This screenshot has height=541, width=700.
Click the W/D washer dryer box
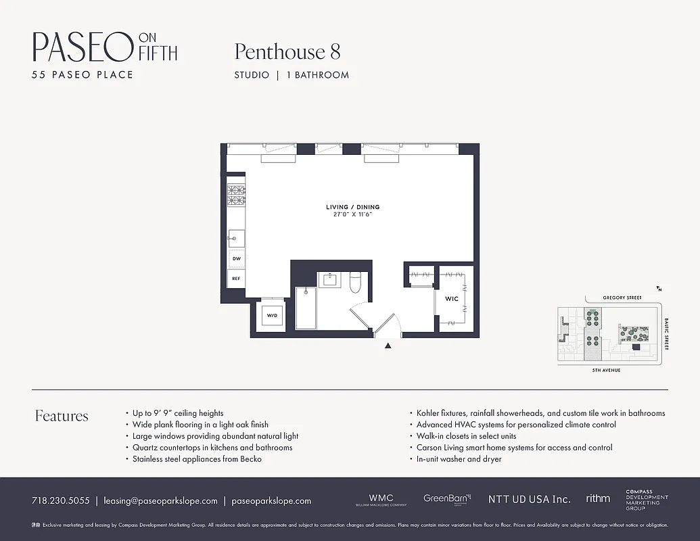[x=272, y=315]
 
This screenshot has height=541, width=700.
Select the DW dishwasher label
[x=237, y=258]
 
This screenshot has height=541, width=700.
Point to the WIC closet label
[x=451, y=298]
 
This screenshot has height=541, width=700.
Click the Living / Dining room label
[x=352, y=207]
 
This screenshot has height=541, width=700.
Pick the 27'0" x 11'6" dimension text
[x=352, y=214]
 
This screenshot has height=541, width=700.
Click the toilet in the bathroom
[x=356, y=283]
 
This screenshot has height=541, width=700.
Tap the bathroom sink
[x=331, y=279]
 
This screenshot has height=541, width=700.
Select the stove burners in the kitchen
[x=236, y=195]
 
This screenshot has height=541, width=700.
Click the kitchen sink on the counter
[x=236, y=238]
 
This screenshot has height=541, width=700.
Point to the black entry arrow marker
[x=388, y=346]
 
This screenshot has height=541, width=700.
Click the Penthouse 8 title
[x=287, y=51]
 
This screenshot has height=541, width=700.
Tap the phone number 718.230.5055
[x=60, y=501]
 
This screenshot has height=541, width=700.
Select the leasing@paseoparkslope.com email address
[x=160, y=501]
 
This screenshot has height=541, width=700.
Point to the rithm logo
[x=598, y=499]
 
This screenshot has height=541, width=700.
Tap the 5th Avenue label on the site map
[x=606, y=371]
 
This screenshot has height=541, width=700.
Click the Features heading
[x=62, y=416]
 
